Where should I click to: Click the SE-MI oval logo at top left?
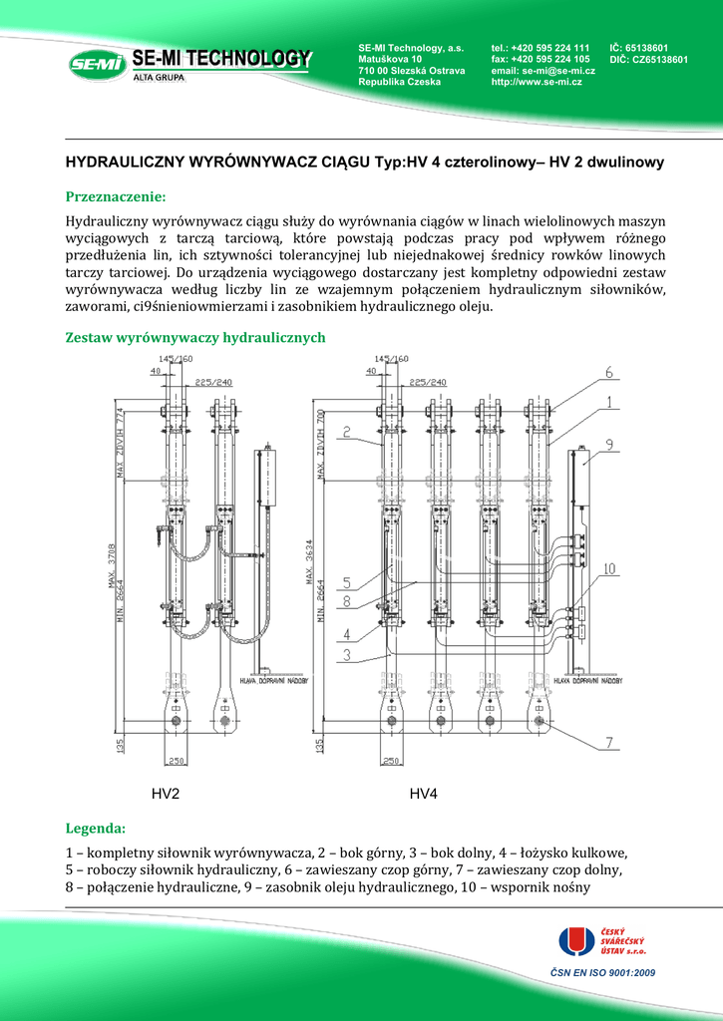coord(97,66)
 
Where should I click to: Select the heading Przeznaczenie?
coord(115,195)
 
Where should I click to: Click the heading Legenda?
coord(96,829)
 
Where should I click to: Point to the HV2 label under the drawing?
coord(166,794)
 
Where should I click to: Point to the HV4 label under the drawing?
coord(424,794)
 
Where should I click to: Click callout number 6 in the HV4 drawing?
coord(606,373)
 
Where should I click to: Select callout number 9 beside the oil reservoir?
coord(608,445)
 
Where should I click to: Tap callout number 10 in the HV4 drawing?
coord(608,569)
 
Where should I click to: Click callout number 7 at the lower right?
coord(607,742)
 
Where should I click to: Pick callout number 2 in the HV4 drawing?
coord(343,432)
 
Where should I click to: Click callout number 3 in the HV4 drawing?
coord(346,655)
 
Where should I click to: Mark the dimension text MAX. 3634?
coord(320,563)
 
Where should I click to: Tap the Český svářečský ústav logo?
coord(603,943)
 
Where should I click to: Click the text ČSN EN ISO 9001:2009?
coord(602,972)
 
